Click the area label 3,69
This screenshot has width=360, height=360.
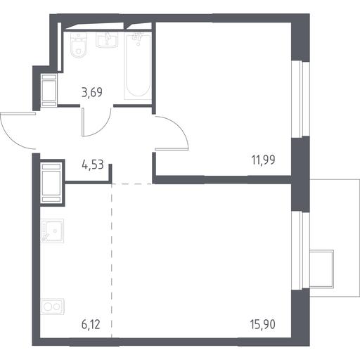[x=92, y=92]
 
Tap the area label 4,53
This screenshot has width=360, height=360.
[x=93, y=165]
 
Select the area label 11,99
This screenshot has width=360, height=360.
[x=263, y=160]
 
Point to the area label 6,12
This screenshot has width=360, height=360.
[x=91, y=325]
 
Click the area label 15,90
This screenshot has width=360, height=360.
[x=262, y=325]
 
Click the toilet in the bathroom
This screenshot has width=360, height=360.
[x=79, y=45]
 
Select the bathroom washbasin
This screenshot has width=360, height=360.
[x=107, y=40]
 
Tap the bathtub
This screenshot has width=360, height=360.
[x=138, y=66]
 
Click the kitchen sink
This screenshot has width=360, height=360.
[x=52, y=231]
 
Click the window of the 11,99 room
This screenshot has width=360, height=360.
[x=300, y=98]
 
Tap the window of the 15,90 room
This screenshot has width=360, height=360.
[x=300, y=250]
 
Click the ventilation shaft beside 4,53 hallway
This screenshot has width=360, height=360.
[x=51, y=183]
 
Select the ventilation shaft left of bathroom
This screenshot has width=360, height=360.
[x=49, y=90]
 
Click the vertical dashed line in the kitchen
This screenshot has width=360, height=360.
[x=112, y=261]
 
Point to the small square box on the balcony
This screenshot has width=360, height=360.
[x=321, y=269]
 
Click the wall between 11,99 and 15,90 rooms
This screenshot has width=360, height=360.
[x=222, y=179]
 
